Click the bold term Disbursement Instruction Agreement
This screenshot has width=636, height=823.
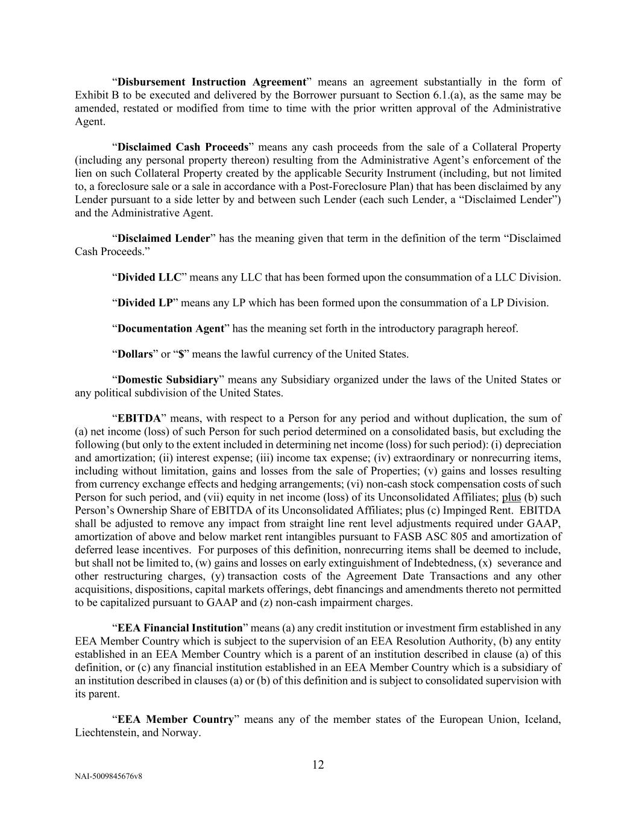[212, 82]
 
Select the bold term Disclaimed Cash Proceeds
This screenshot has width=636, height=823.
[183, 147]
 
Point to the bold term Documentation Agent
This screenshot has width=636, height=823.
[171, 329]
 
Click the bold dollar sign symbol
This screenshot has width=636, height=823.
[180, 354]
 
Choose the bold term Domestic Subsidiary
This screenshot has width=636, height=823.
[168, 380]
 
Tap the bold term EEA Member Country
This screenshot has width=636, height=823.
[175, 720]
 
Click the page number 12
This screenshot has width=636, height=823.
[318, 765]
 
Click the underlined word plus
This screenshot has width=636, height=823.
[511, 497]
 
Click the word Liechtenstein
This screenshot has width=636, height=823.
[106, 733]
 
